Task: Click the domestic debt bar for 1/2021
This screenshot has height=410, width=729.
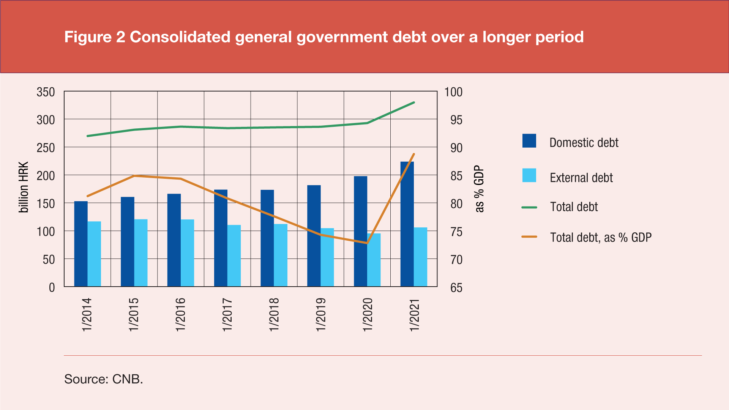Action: point(407,224)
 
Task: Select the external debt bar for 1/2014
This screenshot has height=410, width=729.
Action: point(94,254)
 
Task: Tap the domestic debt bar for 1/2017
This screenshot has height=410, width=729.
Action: point(221,238)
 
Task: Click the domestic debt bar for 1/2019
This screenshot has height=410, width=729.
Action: point(314,236)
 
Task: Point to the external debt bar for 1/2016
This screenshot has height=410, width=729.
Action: point(188,253)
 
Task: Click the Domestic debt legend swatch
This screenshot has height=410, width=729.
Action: point(529,141)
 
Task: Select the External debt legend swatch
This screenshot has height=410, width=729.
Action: point(529,175)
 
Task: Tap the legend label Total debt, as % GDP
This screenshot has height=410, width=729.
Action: point(601,238)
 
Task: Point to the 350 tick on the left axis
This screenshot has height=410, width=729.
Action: point(46,92)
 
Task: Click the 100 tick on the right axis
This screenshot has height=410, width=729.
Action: point(453,92)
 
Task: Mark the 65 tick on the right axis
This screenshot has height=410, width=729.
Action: point(456,288)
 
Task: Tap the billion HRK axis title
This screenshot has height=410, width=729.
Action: point(24,187)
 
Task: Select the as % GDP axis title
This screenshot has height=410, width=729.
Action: point(480,189)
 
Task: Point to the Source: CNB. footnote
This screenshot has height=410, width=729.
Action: point(104,379)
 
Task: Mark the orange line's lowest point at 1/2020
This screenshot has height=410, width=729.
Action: point(367,243)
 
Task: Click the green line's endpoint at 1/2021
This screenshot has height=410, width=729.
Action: point(414,102)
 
